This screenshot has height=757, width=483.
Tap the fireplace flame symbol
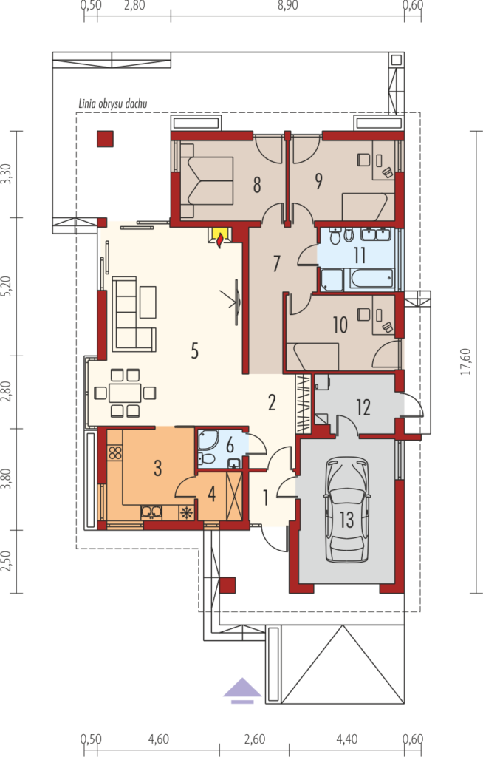[x=220, y=240]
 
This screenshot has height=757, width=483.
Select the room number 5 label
[x=194, y=350]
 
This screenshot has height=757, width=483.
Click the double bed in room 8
[x=207, y=180]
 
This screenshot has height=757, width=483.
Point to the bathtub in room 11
[x=371, y=279]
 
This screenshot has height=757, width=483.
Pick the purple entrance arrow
[x=242, y=689]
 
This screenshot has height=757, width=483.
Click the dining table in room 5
[x=125, y=393]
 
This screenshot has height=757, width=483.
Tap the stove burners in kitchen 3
[x=114, y=452]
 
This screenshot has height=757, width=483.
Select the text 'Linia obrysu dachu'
[x=112, y=103]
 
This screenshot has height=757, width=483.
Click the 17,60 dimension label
[x=466, y=361]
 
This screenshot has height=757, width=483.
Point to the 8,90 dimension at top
[x=287, y=6]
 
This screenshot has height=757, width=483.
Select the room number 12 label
[x=363, y=407]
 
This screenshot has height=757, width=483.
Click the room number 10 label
[x=340, y=325]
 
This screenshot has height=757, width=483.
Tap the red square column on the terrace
[x=105, y=138]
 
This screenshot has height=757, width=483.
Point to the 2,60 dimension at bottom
[x=254, y=739]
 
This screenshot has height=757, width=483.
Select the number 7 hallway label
[x=276, y=264]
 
